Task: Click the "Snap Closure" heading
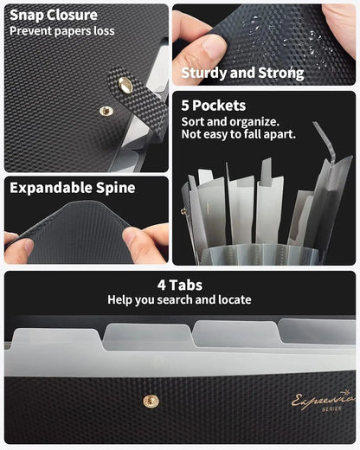click(x=54, y=15)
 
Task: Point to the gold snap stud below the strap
click(x=106, y=111)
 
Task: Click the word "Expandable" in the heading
click(x=48, y=188)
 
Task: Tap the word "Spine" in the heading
click(x=113, y=188)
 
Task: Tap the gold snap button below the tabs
click(x=151, y=400)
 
